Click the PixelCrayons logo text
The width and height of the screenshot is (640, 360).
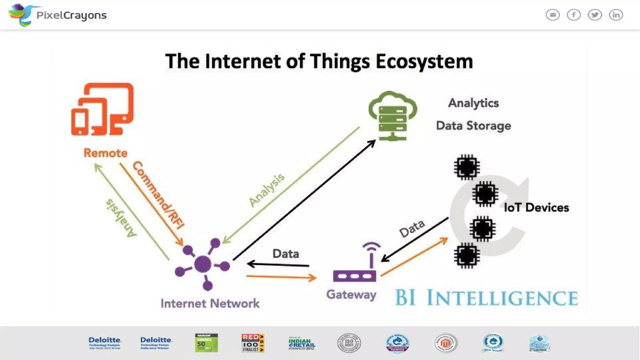pyautogui.click(x=71, y=15)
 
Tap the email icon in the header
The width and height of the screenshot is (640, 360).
pyautogui.click(x=552, y=15)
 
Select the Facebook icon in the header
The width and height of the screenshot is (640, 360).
pyautogui.click(x=574, y=15)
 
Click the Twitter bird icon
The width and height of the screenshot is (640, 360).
pyautogui.click(x=595, y=15)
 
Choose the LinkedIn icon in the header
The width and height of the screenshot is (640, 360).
pyautogui.click(x=616, y=15)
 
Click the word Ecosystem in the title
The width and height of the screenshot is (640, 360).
pyautogui.click(x=424, y=61)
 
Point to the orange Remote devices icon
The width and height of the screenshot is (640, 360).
pyautogui.click(x=102, y=109)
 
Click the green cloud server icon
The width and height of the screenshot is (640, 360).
pyautogui.click(x=393, y=116)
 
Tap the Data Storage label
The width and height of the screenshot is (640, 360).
pyautogui.click(x=473, y=126)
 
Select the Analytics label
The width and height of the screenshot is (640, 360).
pyautogui.click(x=473, y=103)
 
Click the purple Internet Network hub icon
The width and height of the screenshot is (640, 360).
pyautogui.click(x=203, y=264)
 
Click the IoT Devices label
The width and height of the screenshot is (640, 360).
pyautogui.click(x=536, y=207)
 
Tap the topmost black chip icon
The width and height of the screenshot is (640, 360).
pyautogui.click(x=467, y=167)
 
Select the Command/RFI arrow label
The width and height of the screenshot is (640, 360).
pyautogui.click(x=158, y=195)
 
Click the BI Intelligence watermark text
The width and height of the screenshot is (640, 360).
pyautogui.click(x=486, y=297)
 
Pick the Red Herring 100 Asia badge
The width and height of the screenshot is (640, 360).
pyautogui.click(x=253, y=343)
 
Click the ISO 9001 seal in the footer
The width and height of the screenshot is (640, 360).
pyautogui.click(x=349, y=343)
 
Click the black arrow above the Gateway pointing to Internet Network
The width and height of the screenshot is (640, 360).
pyautogui.click(x=278, y=265)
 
